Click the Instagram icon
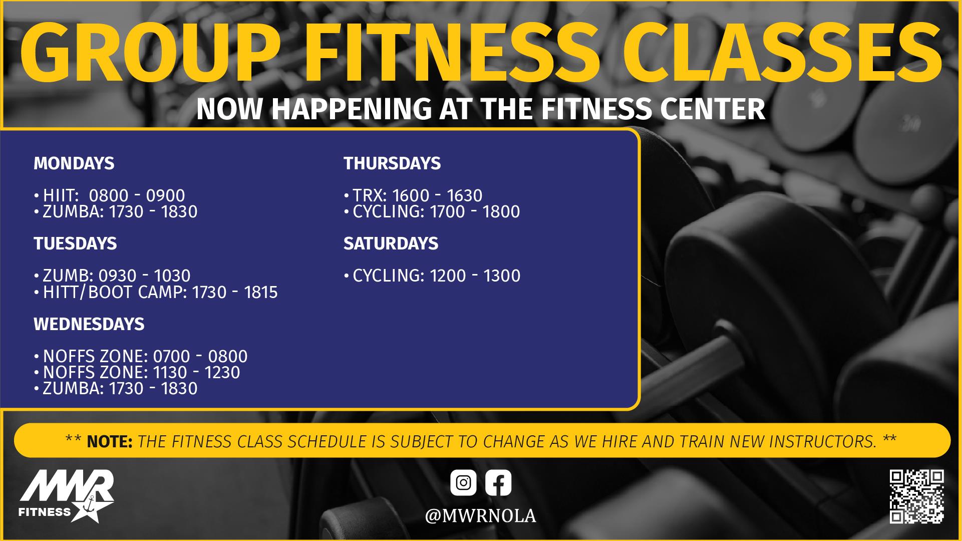coord(463,483)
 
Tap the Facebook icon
coord(498,483)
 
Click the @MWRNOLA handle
coord(480,516)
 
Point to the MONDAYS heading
coord(74,163)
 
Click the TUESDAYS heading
coord(75,243)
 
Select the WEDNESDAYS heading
coord(89,324)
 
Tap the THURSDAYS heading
coord(392,163)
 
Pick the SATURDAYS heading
coord(391,243)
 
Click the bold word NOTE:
coord(110,441)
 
